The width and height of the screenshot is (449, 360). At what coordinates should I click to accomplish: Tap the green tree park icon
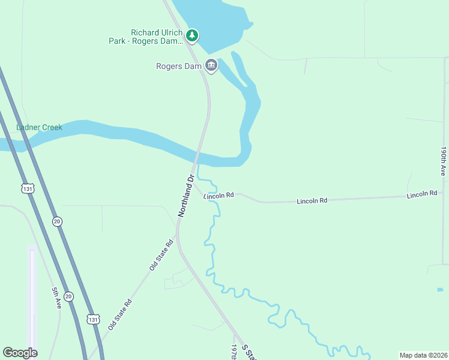(192, 35)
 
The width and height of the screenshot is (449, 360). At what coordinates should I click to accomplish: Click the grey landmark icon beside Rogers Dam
(211, 65)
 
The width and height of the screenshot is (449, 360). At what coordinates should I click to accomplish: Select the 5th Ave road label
(56, 298)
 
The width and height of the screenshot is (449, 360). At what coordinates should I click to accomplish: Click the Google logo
(20, 353)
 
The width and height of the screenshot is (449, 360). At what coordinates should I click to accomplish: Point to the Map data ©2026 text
(423, 355)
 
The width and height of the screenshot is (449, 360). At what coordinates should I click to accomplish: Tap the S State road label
(249, 352)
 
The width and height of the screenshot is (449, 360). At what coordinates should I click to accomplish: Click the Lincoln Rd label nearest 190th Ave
(422, 194)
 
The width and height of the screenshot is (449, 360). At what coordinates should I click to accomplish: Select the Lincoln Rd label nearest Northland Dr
(218, 196)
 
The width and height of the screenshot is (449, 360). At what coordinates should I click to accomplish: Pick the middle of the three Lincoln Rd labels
(312, 201)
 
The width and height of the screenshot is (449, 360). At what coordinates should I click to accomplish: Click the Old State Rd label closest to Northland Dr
(161, 254)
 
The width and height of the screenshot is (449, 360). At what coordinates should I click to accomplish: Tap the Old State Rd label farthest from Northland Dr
(120, 315)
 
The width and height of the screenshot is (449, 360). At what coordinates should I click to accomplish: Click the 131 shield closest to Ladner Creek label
(27, 189)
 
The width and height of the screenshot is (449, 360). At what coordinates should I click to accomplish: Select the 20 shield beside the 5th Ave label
(68, 296)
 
